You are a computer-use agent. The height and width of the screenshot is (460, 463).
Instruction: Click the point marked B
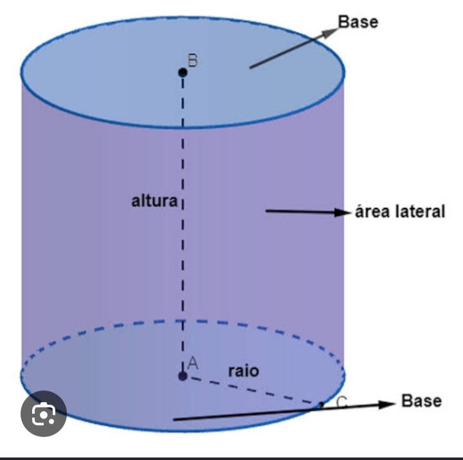[183, 73]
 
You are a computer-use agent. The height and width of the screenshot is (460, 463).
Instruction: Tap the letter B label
[192, 60]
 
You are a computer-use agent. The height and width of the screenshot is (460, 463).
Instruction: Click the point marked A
[183, 376]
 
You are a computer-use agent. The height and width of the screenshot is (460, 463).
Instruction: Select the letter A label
[192, 364]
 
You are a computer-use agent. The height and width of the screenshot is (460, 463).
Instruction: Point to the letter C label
[342, 403]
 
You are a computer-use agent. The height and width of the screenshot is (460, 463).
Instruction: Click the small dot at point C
[322, 405]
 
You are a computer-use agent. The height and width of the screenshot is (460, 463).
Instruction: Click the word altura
[154, 201]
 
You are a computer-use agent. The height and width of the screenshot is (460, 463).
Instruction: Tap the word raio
[244, 371]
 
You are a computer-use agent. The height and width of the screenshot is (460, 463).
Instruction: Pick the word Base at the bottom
[421, 401]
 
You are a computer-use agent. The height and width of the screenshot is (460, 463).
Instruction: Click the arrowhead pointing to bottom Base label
[386, 404]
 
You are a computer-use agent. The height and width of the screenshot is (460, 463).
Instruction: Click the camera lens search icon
[43, 415]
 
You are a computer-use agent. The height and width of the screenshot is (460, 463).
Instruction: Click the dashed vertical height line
[183, 257]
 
